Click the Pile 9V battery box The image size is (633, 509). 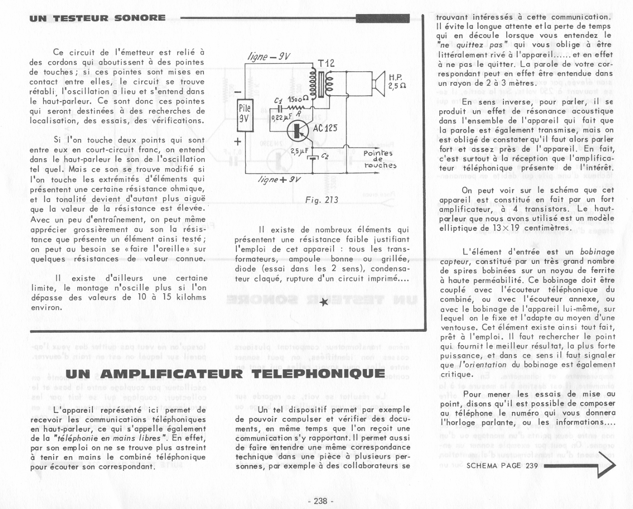point(244,115)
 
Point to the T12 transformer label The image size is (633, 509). point(326,63)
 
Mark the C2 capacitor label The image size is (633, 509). point(325,156)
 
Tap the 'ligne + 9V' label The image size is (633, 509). point(279,180)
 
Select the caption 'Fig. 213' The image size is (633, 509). point(321,200)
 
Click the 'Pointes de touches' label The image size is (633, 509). point(380,159)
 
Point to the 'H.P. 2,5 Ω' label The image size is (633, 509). point(397,81)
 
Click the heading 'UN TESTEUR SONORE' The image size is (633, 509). point(97,18)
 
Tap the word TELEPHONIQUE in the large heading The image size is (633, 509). point(318,374)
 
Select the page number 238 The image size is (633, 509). point(320,501)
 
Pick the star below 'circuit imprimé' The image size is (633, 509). point(324,302)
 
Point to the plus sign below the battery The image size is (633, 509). point(238,141)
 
